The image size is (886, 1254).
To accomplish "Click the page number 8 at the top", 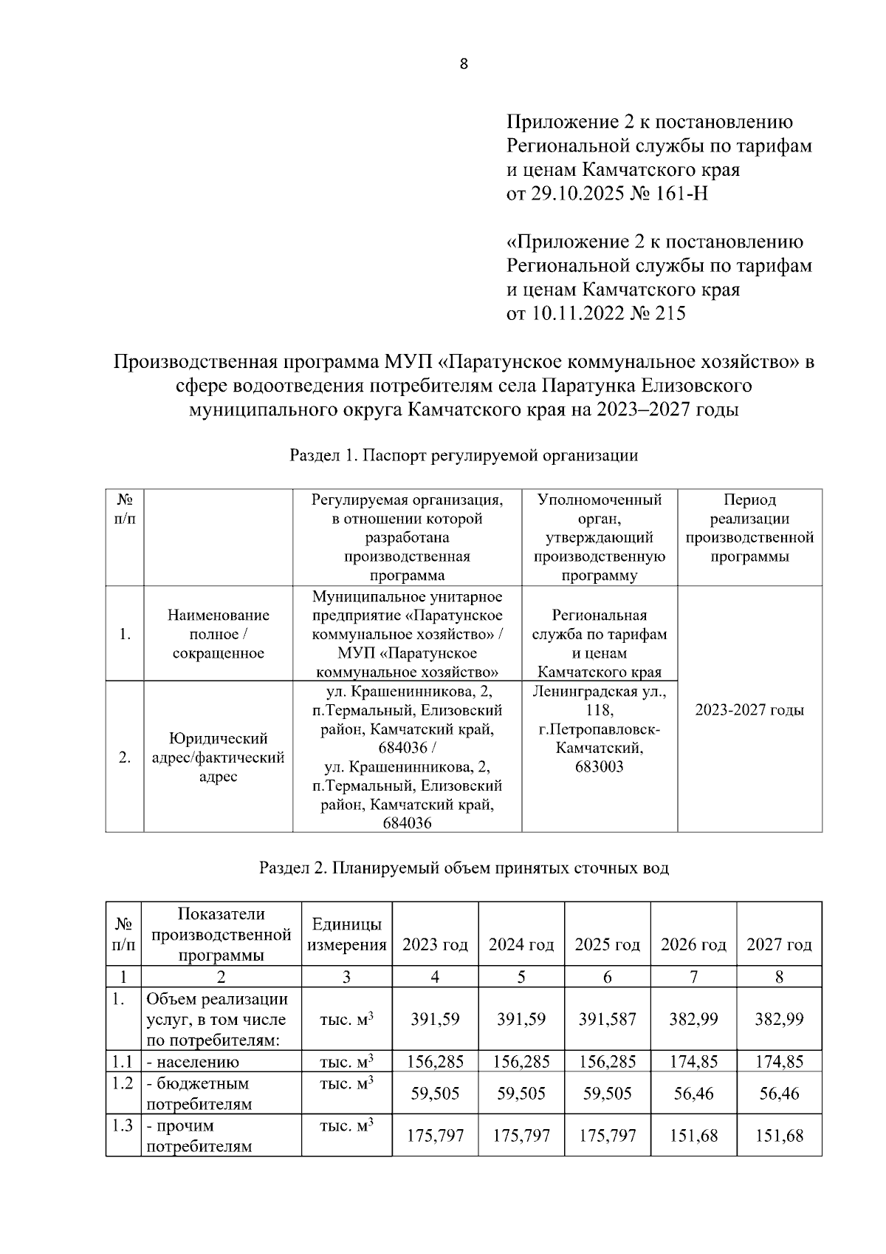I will pos(464,64).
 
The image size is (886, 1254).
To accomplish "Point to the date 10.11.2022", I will pos(576,313).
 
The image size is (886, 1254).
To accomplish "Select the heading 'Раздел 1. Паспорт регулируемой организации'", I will pos(464,455).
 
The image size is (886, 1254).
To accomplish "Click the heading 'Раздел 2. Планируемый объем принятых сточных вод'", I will pos(464,868).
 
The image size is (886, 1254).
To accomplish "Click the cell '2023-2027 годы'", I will pos(749,710).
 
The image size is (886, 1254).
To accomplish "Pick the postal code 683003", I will pos(599,767).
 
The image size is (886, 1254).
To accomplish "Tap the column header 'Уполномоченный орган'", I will pos(599,508).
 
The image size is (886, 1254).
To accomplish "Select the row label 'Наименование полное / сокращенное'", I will pos(218,634).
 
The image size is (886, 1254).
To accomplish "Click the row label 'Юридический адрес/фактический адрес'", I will pos(218,757).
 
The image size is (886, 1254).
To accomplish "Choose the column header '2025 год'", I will pos(607,944).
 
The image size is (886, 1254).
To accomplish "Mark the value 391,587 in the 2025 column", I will pos(607,1019).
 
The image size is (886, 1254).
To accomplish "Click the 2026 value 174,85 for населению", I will pos(693,1062).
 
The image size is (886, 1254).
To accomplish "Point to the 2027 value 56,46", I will pos(779,1093).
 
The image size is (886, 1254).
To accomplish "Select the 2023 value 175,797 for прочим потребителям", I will pos(435,1135).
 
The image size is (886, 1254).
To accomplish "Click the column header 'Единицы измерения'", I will pos(346,935).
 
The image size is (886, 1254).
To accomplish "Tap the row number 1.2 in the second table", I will pos(123,1083).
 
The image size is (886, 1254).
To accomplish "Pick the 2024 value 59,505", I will pos(521,1093).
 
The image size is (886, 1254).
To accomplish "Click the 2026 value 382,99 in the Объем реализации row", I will pos(693,1019).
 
